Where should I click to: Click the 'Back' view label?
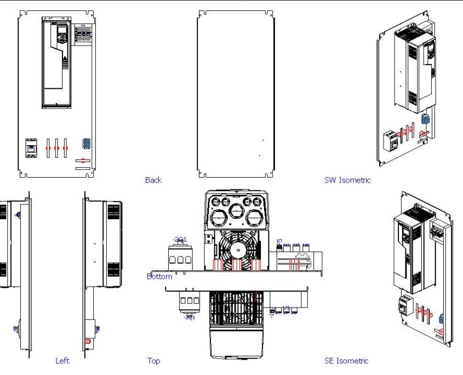click(153, 180)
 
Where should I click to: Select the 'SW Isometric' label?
click(347, 180)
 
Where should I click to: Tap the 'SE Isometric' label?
click(346, 361)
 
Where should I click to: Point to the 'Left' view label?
click(62, 361)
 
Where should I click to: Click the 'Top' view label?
click(153, 361)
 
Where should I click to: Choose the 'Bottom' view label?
click(159, 276)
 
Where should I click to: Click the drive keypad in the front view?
click(61, 33)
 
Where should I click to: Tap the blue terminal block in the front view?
click(85, 144)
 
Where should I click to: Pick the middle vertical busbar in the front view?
click(56, 149)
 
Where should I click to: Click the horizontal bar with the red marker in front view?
click(83, 160)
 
